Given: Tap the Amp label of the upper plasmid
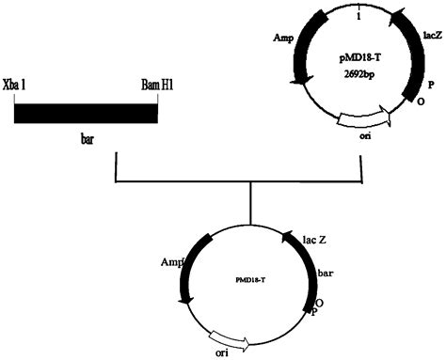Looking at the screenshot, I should tap(283, 39).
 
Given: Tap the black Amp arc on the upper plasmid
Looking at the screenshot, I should tap(302, 56).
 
